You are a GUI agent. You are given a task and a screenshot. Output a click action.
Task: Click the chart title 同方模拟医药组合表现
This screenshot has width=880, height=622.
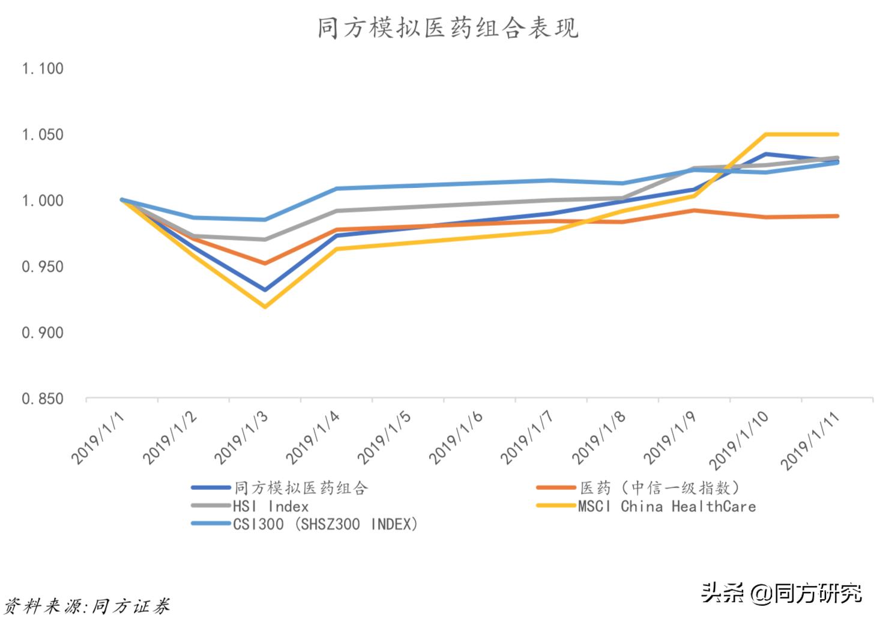pyautogui.click(x=448, y=28)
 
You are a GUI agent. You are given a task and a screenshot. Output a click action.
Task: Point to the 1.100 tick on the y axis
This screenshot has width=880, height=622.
pyautogui.click(x=42, y=69)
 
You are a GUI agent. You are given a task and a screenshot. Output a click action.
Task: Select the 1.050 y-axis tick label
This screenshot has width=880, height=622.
pyautogui.click(x=42, y=135)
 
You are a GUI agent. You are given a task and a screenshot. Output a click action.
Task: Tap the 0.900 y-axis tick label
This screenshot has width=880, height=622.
pyautogui.click(x=42, y=333)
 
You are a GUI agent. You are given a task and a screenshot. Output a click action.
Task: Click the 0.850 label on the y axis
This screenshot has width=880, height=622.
pyautogui.click(x=42, y=399)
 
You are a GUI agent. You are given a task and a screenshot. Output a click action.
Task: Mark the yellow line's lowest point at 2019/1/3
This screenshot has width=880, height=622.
pyautogui.click(x=265, y=306)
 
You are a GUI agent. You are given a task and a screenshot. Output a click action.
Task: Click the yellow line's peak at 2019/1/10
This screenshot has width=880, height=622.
pyautogui.click(x=766, y=134)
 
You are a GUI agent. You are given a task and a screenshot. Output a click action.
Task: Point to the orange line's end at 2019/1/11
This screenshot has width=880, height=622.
pyautogui.click(x=837, y=216)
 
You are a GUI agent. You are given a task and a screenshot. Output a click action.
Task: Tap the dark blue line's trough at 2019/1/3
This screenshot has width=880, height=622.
pyautogui.click(x=265, y=289)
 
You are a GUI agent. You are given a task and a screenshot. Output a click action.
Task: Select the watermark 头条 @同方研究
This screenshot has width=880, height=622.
pyautogui.click(x=782, y=593)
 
